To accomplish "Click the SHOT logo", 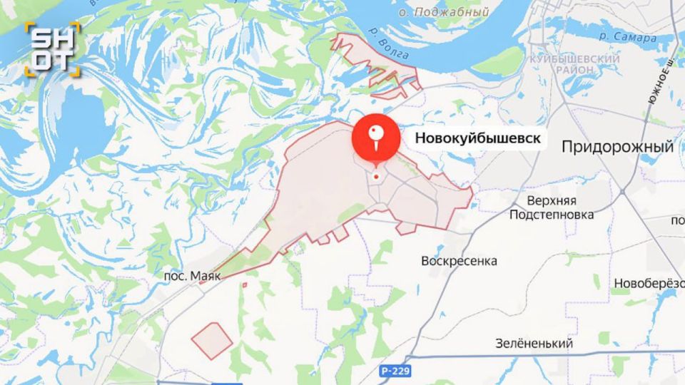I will tap(52, 48).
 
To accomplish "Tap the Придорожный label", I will tap(617, 147).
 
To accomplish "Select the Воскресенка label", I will tap(459, 260).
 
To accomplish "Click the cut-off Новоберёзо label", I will tap(649, 283).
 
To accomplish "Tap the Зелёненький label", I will tap(534, 344).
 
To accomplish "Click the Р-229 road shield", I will tap(395, 371).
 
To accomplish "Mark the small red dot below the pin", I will tap(376, 176).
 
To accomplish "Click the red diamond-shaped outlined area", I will tap(212, 341).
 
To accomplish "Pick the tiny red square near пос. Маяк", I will tap(244, 285).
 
